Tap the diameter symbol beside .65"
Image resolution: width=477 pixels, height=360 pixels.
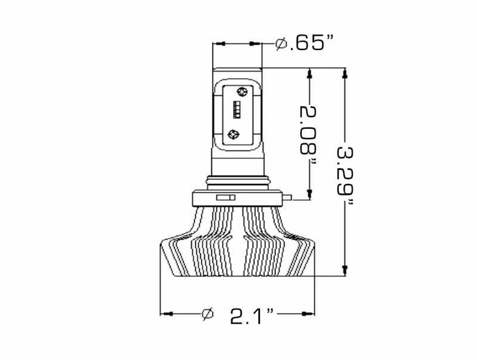coord(281,44)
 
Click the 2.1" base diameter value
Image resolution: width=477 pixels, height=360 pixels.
coord(253,314)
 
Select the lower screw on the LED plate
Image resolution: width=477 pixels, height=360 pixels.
coord(234,134)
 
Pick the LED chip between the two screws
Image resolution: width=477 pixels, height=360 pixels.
coord(237,111)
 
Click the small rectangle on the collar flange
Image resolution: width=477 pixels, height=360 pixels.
coord(224,197)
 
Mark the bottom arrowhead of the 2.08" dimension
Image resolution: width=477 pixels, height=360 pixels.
coord(309,193)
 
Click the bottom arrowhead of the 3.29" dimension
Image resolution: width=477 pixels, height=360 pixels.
coord(345,270)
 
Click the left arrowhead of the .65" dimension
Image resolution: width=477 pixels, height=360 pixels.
coord(219,44)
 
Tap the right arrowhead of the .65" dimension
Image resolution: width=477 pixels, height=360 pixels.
coord(256,44)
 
